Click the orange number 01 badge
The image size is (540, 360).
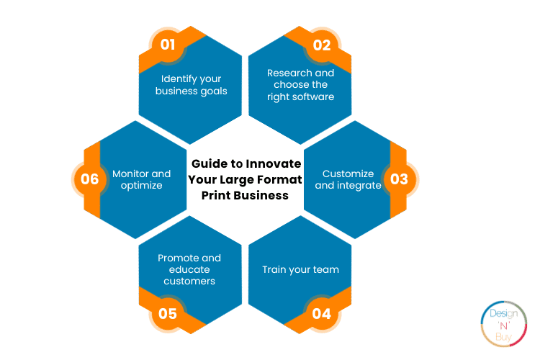(x=168, y=45)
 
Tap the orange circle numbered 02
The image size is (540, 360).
(x=322, y=45)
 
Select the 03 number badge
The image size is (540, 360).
(x=400, y=179)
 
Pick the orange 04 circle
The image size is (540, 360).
(x=322, y=313)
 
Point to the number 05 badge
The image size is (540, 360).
(x=168, y=313)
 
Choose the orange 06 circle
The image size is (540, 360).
(x=90, y=179)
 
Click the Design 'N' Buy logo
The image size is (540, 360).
(x=504, y=324)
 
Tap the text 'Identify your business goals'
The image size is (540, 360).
(x=191, y=85)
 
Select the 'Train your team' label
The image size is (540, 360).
(x=301, y=269)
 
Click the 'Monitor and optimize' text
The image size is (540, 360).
(x=142, y=179)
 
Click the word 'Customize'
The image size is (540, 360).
(x=348, y=174)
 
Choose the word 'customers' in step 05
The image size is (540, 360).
(x=189, y=281)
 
